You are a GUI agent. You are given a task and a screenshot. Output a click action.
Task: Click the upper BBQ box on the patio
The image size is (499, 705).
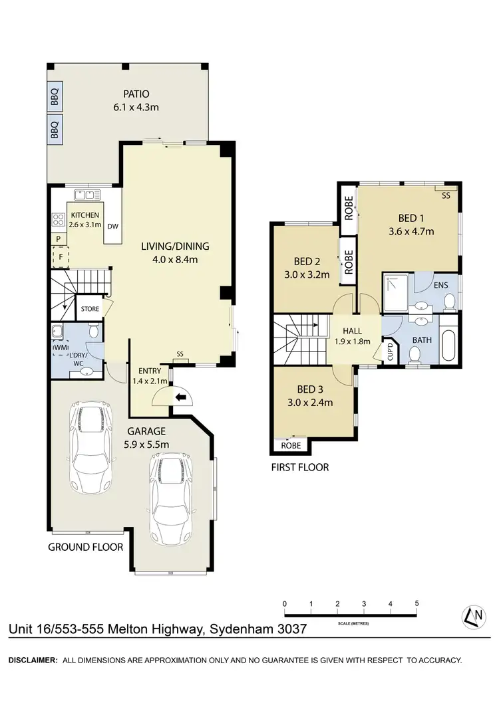(x=55, y=98)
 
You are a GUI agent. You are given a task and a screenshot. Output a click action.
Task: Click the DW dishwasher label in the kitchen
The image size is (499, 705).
(x=112, y=225)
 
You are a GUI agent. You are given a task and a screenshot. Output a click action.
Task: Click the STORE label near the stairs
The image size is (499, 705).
(x=90, y=309)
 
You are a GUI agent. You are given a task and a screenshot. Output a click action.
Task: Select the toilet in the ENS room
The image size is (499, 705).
(x=450, y=303)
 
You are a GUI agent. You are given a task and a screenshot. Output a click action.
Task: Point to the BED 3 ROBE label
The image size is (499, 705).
(x=291, y=446)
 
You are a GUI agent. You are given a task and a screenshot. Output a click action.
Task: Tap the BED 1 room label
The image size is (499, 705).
(x=411, y=219)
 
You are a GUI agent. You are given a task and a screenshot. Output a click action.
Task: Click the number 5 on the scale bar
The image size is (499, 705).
(x=416, y=603)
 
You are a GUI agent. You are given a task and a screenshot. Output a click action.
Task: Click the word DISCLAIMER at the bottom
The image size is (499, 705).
(x=31, y=660)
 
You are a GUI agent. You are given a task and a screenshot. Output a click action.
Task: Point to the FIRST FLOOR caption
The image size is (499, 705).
(x=299, y=467)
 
